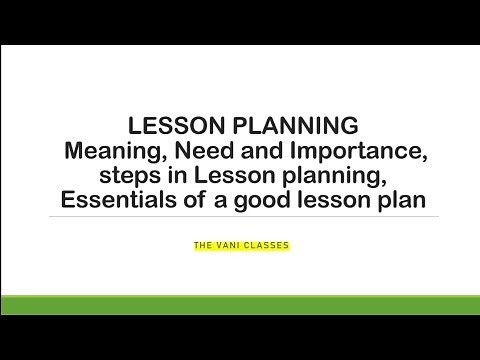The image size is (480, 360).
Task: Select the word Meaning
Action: pos(107,152)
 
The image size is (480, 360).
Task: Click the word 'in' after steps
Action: pos(179,176)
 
